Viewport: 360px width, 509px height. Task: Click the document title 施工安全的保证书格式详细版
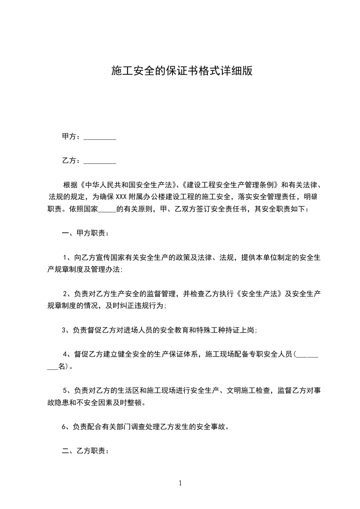pos(181,71)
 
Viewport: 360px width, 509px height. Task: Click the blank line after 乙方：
pos(100,161)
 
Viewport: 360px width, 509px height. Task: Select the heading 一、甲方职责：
pos(85,234)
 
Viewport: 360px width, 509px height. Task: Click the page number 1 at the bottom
pos(180,484)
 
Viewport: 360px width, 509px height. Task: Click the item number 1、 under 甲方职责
pos(68,258)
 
